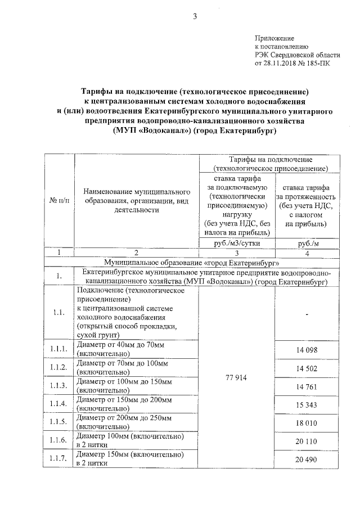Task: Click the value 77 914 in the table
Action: (x=237, y=377)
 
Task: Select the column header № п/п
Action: (x=59, y=200)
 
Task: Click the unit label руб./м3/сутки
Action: (x=237, y=242)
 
